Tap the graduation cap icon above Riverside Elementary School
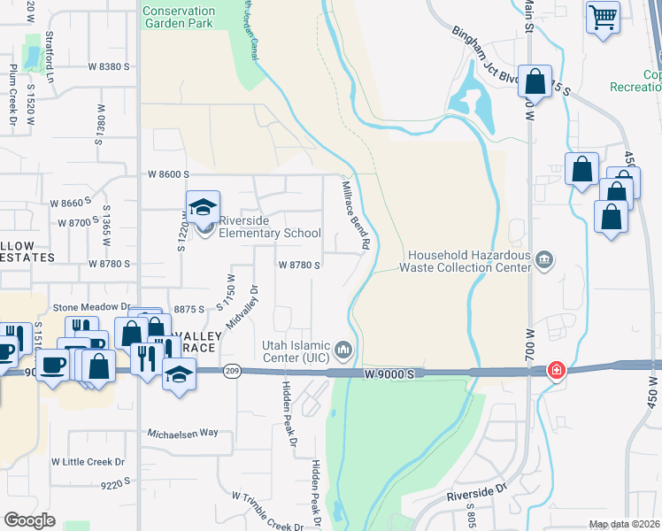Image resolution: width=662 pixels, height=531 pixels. pos(203,207)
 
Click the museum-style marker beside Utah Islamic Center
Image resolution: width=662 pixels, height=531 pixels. pos(344,350)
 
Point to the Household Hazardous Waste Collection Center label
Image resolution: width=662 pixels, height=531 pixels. pos(465,260)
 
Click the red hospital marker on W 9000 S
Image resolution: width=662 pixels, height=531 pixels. pos(557,369)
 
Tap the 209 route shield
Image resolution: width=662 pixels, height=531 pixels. pos(232,371)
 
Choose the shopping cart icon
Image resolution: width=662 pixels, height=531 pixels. pos(603,16)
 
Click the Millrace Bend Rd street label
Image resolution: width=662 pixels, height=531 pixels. pos(356,213)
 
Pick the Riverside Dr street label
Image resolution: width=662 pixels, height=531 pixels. pos(475,491)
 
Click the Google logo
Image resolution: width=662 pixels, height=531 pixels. pos(29,520)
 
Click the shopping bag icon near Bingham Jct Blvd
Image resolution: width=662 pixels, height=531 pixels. pos(535,81)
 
